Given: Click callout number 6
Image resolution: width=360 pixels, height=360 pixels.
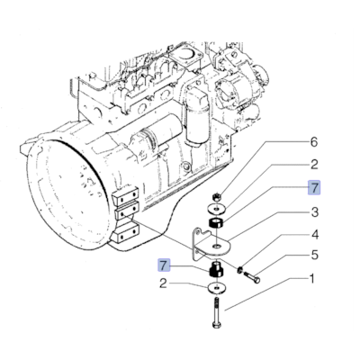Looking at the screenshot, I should [x=314, y=142].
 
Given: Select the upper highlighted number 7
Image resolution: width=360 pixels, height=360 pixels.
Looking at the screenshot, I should [x=314, y=188].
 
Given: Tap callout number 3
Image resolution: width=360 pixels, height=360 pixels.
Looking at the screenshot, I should [x=314, y=212].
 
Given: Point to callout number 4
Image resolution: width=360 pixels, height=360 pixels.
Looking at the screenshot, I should [x=314, y=236].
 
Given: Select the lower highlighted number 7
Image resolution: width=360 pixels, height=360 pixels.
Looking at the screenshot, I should [x=163, y=265].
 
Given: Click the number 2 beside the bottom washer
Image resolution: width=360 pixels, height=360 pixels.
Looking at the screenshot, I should [x=163, y=285].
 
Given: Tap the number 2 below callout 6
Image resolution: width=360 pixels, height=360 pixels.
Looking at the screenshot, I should [x=314, y=165].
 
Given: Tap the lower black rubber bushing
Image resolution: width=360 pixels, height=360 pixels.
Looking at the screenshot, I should [x=216, y=270].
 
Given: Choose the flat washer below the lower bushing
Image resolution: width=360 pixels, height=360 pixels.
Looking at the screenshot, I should [x=217, y=289].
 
